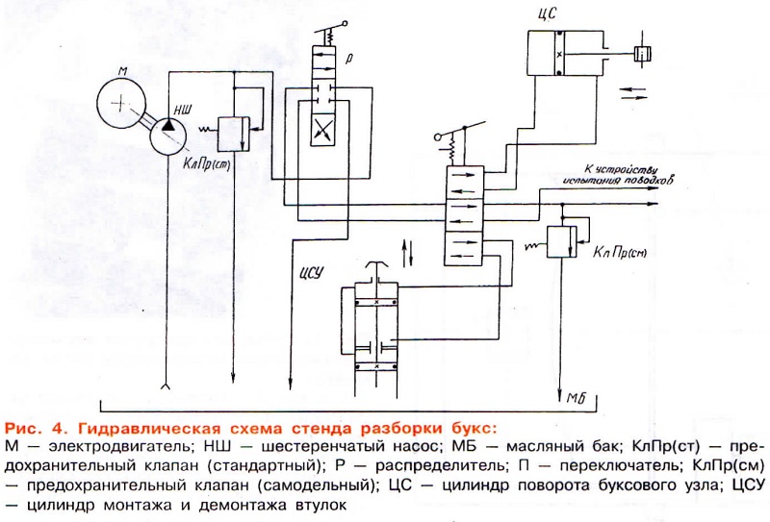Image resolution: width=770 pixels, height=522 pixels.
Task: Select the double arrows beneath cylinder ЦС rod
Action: pyautogui.click(x=634, y=91)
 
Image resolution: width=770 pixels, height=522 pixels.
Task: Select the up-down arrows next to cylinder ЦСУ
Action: pyautogui.click(x=413, y=256)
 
